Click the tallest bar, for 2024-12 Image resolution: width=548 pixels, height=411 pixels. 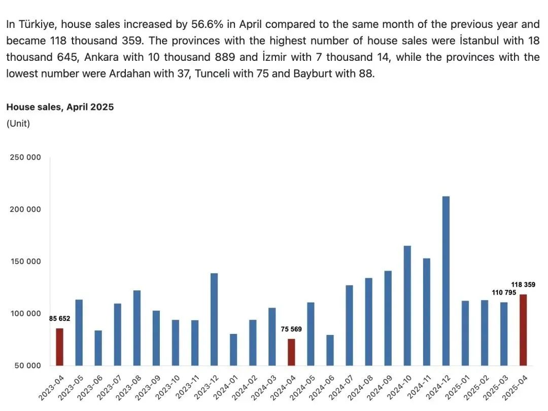pyautogui.click(x=446, y=281)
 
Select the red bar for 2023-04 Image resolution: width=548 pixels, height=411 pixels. pyautogui.click(x=59, y=347)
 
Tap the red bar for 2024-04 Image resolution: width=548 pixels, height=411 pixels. pyautogui.click(x=291, y=352)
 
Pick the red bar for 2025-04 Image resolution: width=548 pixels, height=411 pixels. pyautogui.click(x=523, y=330)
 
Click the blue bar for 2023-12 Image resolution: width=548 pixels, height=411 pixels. pyautogui.click(x=214, y=319)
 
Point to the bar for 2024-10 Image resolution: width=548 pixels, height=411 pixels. pyautogui.click(x=407, y=306)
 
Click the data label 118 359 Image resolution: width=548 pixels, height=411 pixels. pyautogui.click(x=523, y=285)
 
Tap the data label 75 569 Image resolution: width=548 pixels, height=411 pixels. pyautogui.click(x=291, y=329)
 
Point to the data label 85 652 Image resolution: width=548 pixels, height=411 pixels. pyautogui.click(x=59, y=319)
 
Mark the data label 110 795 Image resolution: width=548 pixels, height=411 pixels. pyautogui.click(x=504, y=293)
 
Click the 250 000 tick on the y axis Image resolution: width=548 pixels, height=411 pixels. pyautogui.click(x=25, y=158)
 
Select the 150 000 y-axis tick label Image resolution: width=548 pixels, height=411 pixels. pyautogui.click(x=25, y=261)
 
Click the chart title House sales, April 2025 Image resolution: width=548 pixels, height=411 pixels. pyautogui.click(x=60, y=107)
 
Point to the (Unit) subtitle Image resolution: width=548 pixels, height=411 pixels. pyautogui.click(x=18, y=124)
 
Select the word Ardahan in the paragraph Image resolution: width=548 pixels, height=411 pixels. pyautogui.click(x=128, y=73)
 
